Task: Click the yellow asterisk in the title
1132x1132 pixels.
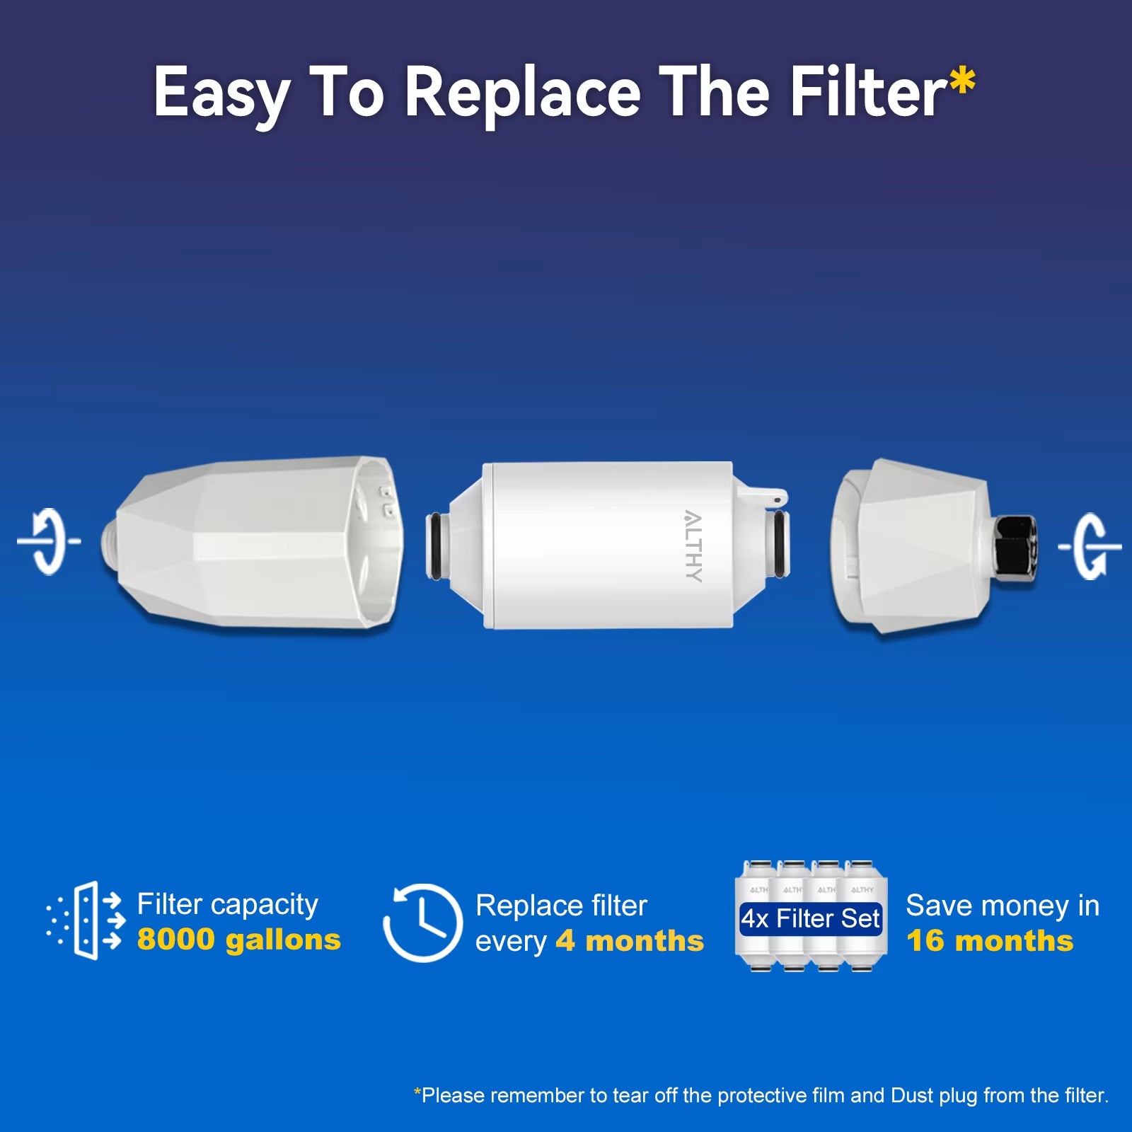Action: tap(962, 83)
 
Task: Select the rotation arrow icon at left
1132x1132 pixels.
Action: tap(49, 541)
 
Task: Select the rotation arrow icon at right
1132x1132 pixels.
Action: tap(1090, 546)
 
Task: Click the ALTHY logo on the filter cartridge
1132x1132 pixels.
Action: tap(693, 545)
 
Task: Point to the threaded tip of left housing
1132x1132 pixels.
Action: tap(110, 541)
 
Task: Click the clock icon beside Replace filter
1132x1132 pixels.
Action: tap(422, 923)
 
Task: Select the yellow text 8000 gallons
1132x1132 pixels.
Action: tap(238, 940)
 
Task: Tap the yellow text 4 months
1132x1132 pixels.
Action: tap(630, 941)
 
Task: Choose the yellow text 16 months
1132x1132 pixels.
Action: tap(990, 941)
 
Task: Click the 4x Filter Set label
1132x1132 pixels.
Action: tap(811, 918)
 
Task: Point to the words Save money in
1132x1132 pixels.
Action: tap(1002, 906)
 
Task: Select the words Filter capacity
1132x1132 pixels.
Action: tap(227, 904)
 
